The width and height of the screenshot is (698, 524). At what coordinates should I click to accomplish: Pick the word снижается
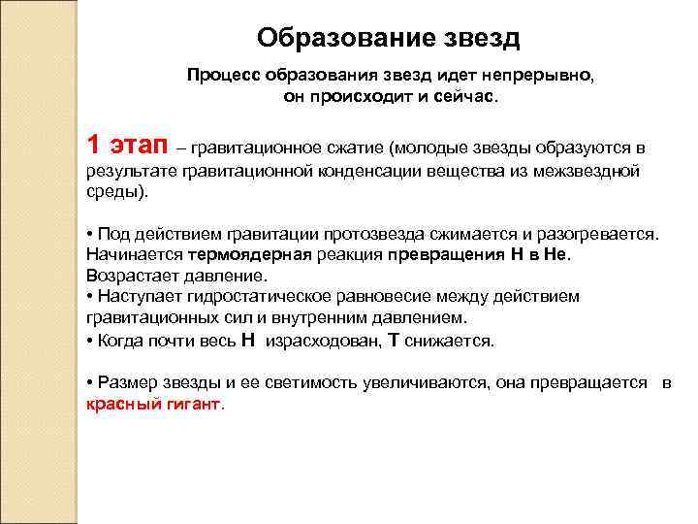[450, 341]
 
